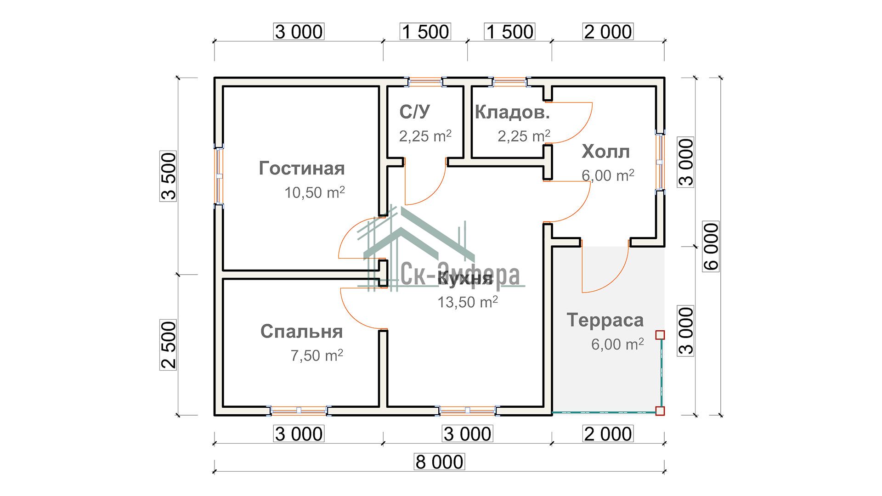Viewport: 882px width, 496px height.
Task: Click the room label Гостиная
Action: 302,169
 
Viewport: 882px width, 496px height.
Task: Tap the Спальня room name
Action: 302,332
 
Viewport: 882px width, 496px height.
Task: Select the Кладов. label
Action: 512,112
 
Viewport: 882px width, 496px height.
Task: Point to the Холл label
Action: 605,152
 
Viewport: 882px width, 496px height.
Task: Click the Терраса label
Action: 605,320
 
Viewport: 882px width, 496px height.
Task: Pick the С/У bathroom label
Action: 415,112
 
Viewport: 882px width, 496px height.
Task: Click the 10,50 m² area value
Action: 315,192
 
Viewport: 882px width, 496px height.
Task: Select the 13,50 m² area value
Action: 468,302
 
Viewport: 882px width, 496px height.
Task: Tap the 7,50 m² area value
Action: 317,355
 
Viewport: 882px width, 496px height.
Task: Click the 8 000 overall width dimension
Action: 440,462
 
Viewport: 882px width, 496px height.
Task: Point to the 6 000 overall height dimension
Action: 711,247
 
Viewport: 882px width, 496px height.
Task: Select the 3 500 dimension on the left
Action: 169,176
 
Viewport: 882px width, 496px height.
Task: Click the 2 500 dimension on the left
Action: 169,345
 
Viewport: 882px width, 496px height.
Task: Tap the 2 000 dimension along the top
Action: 608,32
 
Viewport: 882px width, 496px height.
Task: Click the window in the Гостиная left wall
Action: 219,175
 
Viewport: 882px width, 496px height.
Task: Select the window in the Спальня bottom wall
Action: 299,410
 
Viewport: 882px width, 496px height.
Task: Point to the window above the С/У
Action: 426,82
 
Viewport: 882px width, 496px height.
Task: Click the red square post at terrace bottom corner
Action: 660,411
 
